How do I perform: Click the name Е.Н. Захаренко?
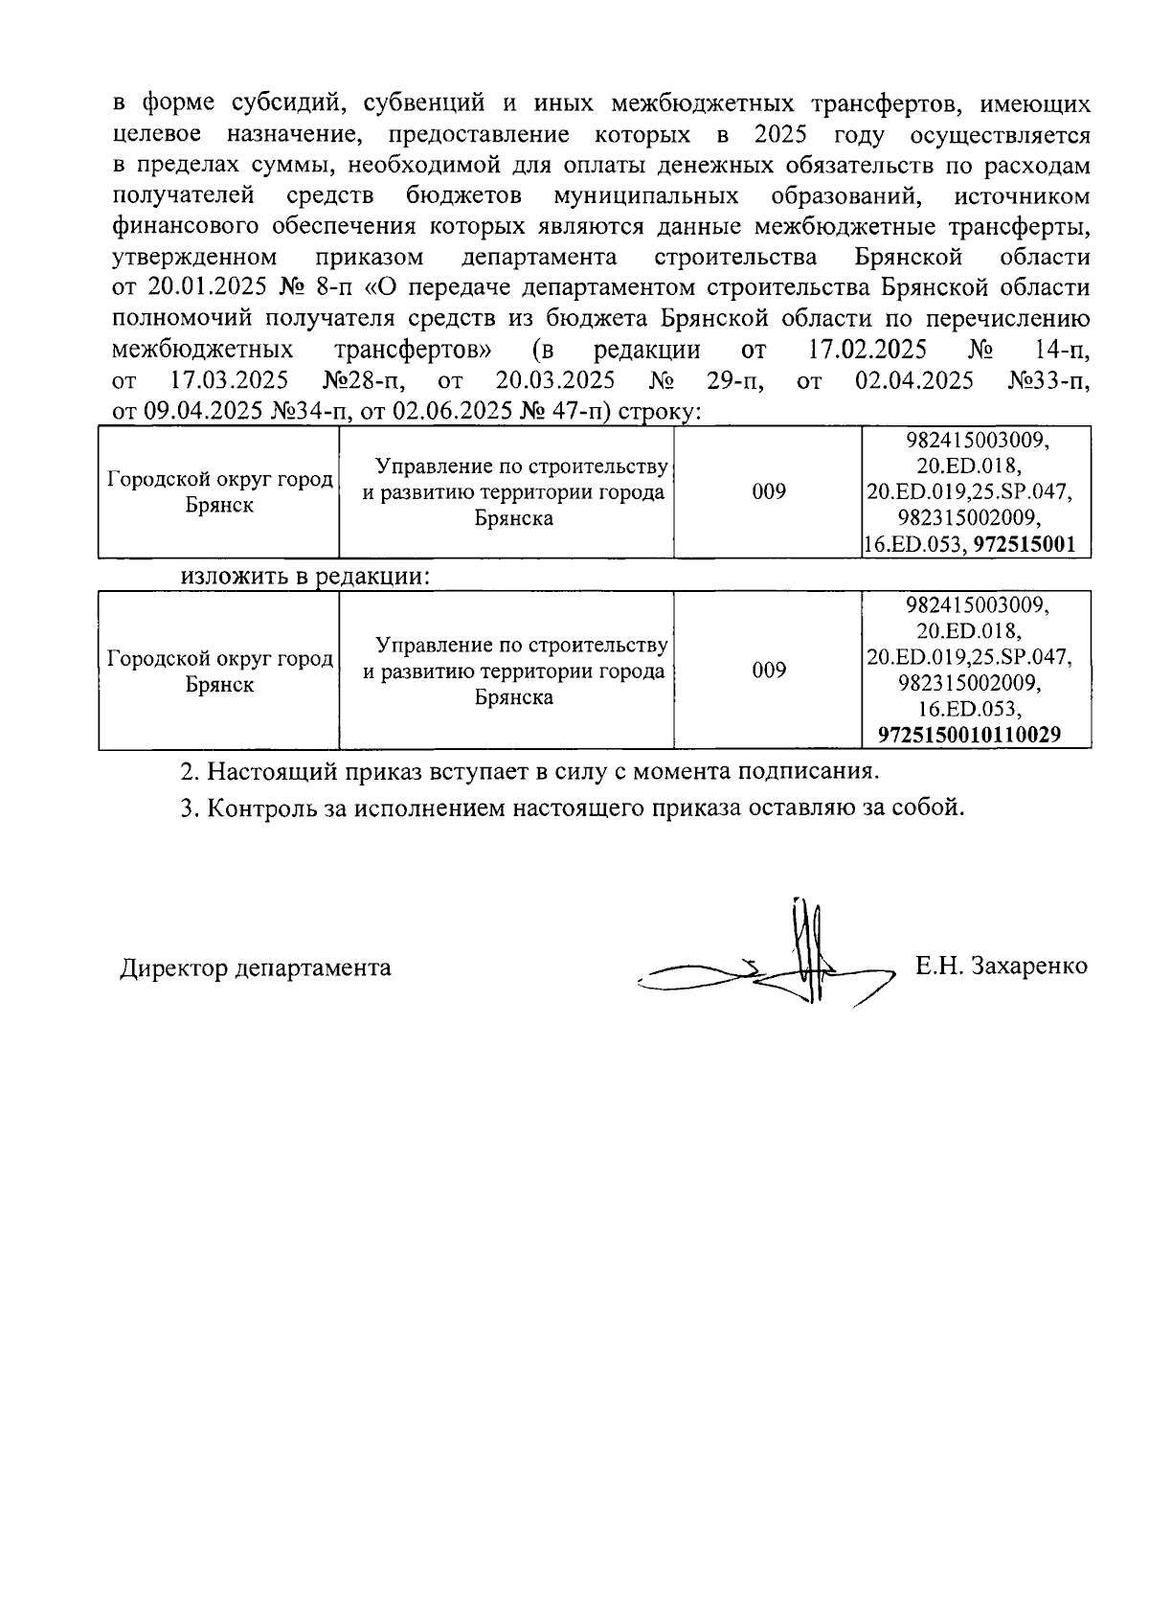[x=1001, y=966]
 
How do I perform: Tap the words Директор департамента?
[x=256, y=967]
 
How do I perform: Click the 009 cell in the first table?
[x=769, y=492]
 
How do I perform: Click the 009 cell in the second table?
[x=769, y=671]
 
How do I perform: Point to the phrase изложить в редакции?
[x=304, y=578]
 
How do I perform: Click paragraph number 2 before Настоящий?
[x=188, y=771]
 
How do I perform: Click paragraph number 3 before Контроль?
[x=188, y=807]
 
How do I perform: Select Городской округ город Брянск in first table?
[x=219, y=492]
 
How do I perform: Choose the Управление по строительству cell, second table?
[x=514, y=671]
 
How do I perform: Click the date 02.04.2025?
[x=914, y=381]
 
